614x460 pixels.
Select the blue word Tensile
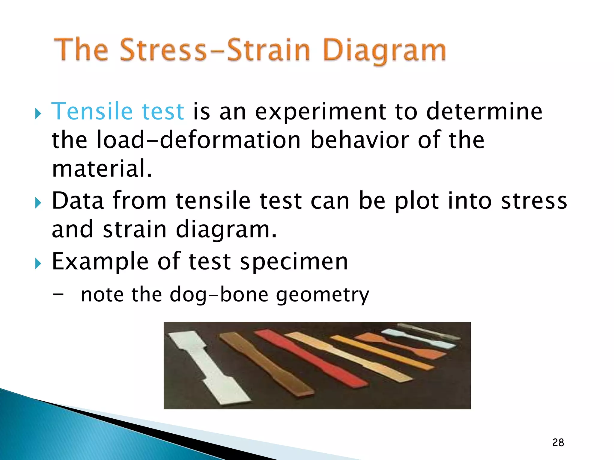pos(92,111)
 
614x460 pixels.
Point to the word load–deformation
pos(198,140)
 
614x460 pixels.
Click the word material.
pos(102,169)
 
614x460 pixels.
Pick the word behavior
pos(359,140)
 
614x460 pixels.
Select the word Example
pos(100,261)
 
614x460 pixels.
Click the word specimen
pos(294,261)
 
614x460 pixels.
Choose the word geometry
pos(323,295)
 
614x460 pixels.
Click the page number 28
pos(558,442)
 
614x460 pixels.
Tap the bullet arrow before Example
pos(38,264)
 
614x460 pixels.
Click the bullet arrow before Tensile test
pos(38,114)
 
